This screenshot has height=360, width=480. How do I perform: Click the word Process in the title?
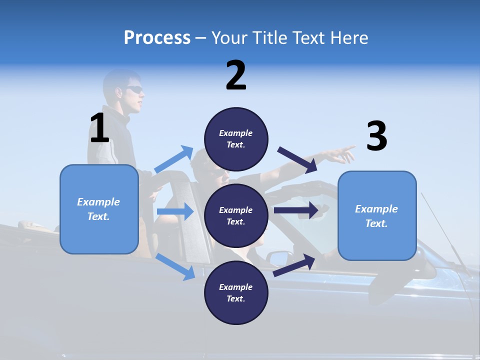[157, 37]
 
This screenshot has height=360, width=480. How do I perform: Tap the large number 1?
[99, 128]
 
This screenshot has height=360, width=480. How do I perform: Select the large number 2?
[236, 75]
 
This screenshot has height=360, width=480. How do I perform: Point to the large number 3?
[376, 136]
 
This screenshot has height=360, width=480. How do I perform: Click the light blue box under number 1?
[99, 209]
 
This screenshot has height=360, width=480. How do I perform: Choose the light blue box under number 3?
[377, 215]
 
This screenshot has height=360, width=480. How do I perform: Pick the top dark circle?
[236, 139]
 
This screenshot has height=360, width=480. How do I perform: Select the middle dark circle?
[236, 215]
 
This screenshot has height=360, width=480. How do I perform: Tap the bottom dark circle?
[236, 292]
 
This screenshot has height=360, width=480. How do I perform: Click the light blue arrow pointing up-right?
[174, 159]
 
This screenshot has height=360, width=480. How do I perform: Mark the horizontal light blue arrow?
[175, 211]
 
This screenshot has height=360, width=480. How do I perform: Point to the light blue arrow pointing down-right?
[175, 266]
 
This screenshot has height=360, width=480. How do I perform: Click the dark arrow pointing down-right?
[297, 159]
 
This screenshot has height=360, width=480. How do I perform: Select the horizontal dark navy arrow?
[296, 210]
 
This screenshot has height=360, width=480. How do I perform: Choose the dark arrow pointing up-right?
[294, 265]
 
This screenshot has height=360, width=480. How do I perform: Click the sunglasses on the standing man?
[134, 90]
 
